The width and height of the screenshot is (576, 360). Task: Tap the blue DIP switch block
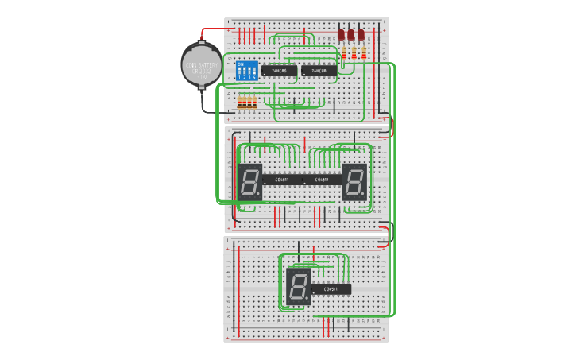tap(247, 71)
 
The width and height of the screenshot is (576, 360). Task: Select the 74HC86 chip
tap(279, 71)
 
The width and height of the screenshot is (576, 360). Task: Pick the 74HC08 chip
tap(319, 71)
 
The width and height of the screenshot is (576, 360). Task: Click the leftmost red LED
tap(341, 35)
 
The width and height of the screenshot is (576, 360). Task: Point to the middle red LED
tap(350, 35)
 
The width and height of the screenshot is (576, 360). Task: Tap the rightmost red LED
tap(361, 35)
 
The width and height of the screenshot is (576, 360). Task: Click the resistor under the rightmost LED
tap(364, 54)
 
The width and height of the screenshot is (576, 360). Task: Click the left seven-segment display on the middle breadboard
tap(249, 182)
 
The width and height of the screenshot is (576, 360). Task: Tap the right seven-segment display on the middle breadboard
tap(354, 182)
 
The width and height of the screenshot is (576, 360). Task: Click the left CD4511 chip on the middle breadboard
tap(282, 180)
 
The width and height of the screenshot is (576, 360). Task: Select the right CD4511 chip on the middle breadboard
tap(322, 180)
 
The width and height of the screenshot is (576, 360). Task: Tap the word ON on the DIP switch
tap(241, 64)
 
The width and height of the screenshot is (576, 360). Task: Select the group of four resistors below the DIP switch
tap(248, 102)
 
